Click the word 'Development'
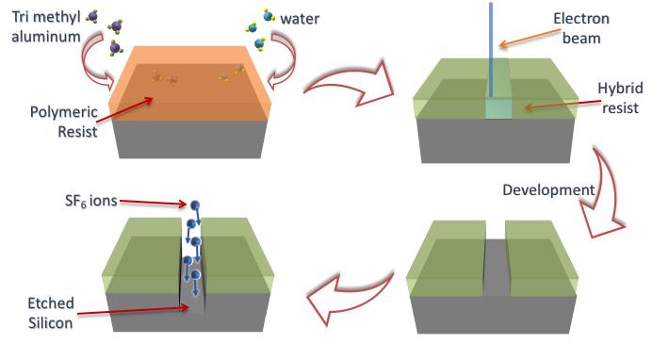[x=546, y=189]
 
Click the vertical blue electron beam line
[x=491, y=47]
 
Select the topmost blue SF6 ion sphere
[x=195, y=205]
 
